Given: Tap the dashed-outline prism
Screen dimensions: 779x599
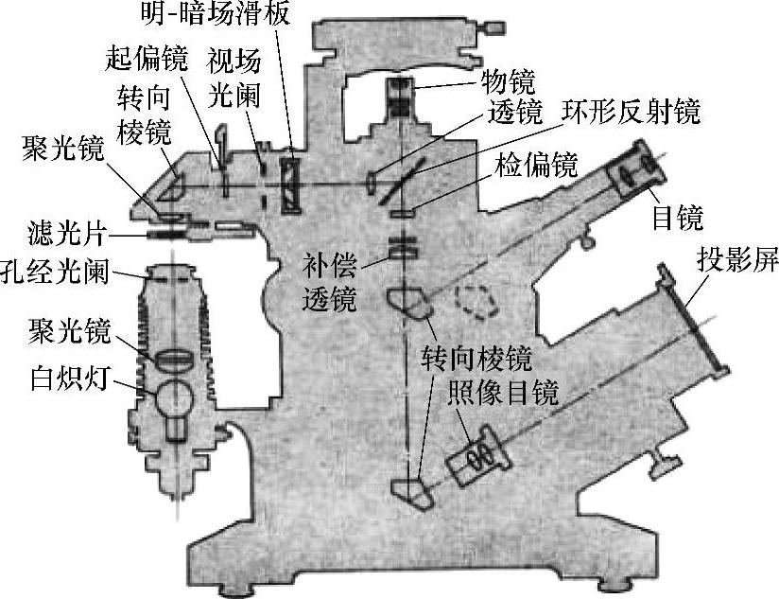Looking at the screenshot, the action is pyautogui.click(x=477, y=301).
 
